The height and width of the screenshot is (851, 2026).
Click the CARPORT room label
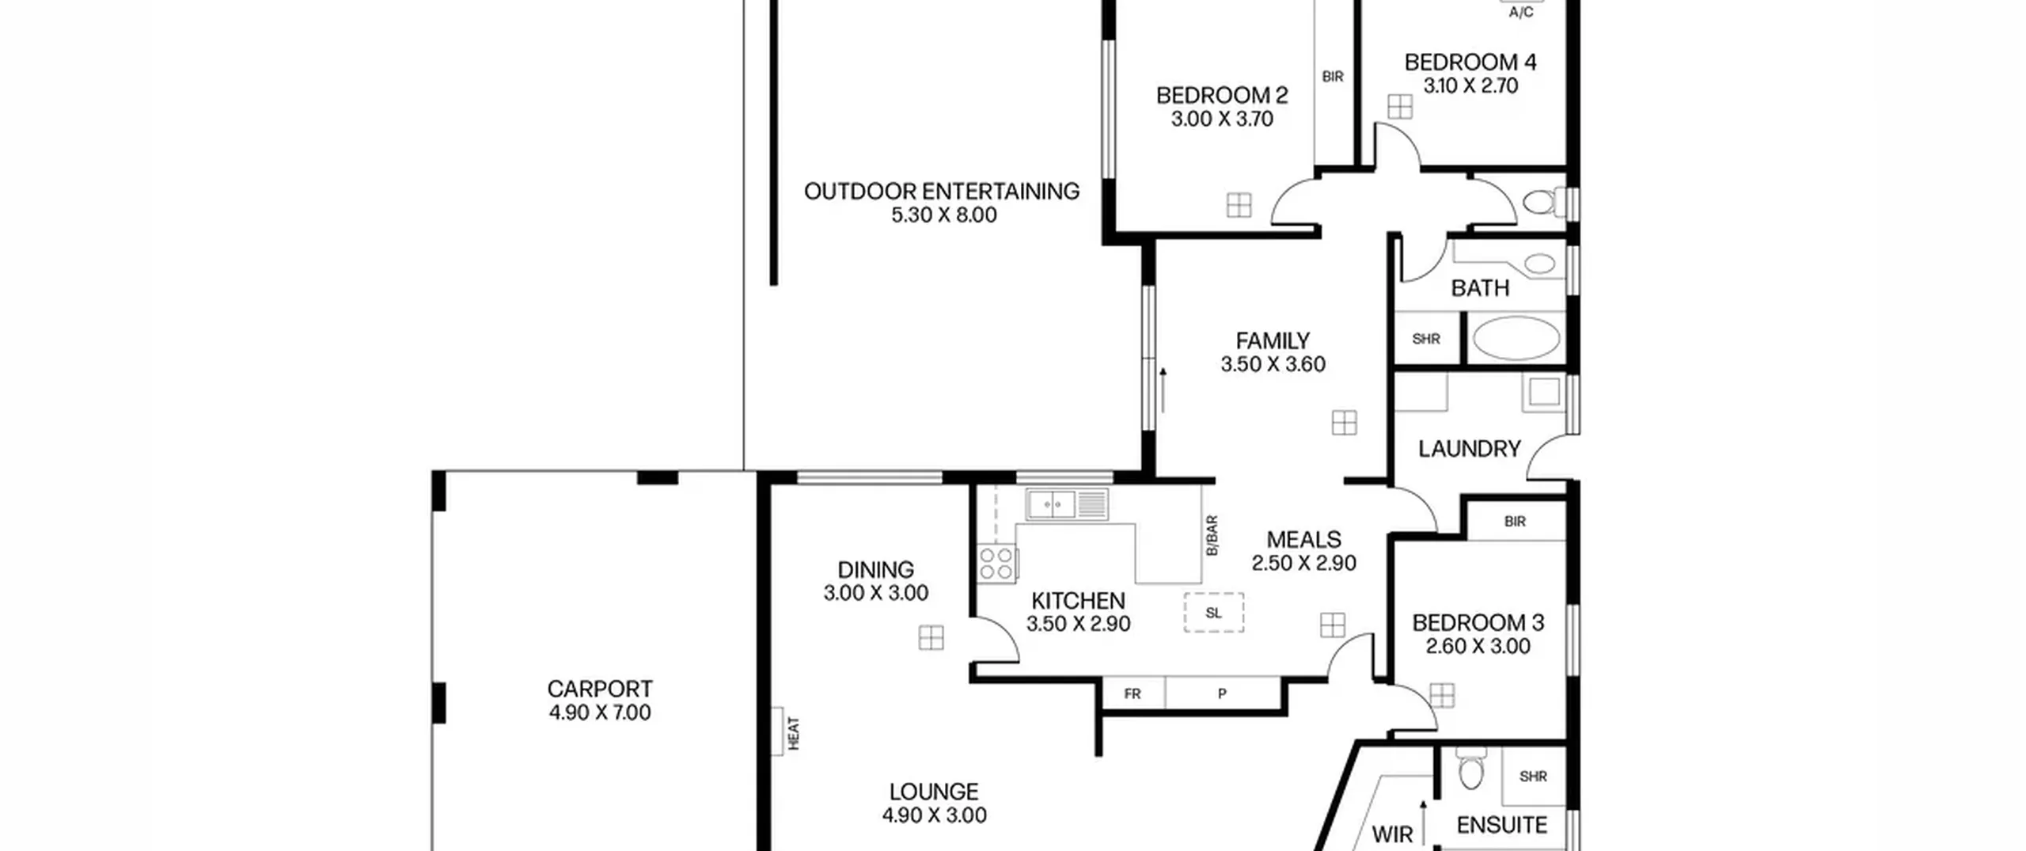point(600,689)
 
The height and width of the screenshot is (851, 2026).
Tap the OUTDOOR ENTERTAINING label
point(942,192)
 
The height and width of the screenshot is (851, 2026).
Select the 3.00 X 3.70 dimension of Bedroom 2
point(1222,120)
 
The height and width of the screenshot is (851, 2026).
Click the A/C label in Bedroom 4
point(1521,13)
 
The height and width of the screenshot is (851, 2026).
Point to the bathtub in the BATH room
point(1516,339)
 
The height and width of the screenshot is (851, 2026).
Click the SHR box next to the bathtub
point(1426,339)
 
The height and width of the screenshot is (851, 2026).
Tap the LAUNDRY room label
point(1470,450)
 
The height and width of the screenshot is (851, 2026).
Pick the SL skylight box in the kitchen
point(1213,613)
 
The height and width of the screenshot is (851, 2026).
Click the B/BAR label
point(1212,536)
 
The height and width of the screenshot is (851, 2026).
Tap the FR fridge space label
point(1133,694)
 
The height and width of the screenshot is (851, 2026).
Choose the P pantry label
point(1222,694)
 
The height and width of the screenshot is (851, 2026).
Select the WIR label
point(1392,835)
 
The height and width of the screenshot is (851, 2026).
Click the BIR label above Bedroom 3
point(1515,522)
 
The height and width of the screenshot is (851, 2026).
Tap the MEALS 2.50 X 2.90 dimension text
point(1303,564)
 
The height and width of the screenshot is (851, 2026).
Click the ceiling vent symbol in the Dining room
point(931,637)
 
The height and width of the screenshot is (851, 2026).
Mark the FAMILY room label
point(1273,341)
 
